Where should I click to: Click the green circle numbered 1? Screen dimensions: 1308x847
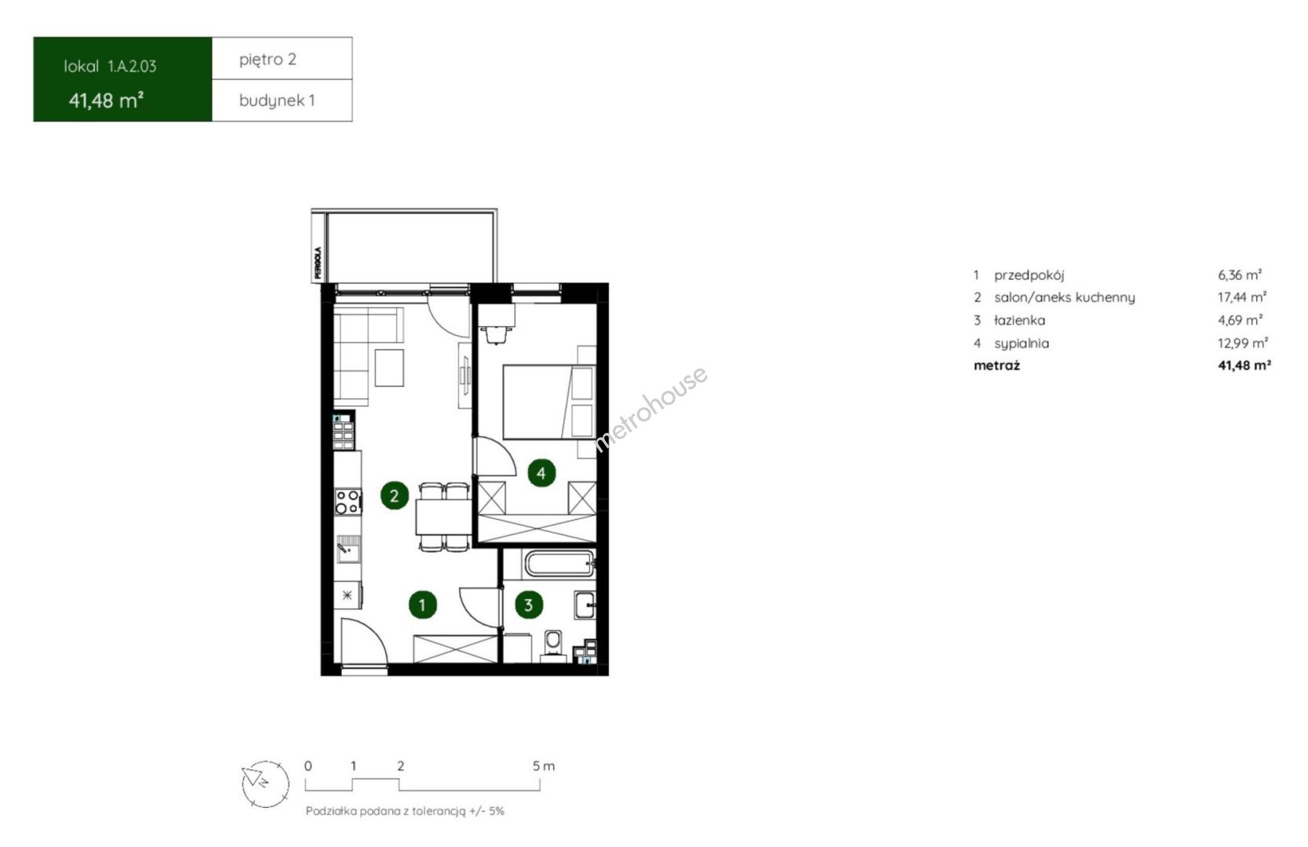423,605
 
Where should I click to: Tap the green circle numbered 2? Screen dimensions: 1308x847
394,496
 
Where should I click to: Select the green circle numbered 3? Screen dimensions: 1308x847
528,605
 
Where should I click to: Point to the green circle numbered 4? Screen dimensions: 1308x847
541,473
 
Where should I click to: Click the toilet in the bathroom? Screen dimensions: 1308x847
553,645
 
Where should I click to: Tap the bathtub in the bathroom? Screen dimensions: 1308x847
560,563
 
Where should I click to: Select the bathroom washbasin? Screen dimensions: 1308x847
585,605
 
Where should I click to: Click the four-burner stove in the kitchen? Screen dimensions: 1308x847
348,502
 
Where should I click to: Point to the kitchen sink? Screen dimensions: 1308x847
348,549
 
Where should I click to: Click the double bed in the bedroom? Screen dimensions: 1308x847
549,402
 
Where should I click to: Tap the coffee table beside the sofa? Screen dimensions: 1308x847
389,367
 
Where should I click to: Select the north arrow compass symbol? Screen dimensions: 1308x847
265,784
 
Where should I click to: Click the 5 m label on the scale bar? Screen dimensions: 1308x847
544,766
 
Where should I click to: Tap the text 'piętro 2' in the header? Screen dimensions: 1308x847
268,60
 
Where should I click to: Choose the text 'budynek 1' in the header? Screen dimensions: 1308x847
277,100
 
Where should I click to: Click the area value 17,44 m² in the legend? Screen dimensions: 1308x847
1242,297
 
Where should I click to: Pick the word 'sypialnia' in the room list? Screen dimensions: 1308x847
1022,344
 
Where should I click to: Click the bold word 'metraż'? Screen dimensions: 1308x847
996,365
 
